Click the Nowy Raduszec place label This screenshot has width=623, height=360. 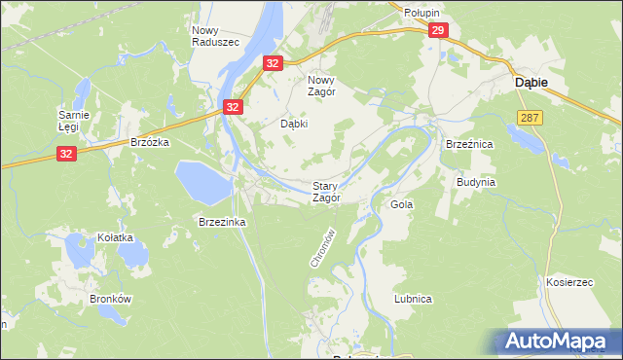click(x=209, y=36)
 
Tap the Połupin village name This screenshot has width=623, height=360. click(x=422, y=13)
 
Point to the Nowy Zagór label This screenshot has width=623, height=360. click(x=321, y=86)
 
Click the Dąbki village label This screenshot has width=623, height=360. click(x=294, y=125)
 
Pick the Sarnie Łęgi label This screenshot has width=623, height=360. click(x=74, y=121)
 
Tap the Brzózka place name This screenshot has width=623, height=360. click(x=150, y=142)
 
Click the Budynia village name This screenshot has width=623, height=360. click(x=477, y=182)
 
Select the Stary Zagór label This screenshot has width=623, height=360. click(x=326, y=192)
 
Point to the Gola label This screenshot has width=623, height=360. click(x=401, y=205)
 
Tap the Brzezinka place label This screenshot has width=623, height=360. click(x=222, y=222)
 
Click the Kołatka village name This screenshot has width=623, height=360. click(x=101, y=237)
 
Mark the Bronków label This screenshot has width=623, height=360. click(x=109, y=299)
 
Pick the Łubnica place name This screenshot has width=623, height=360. click(x=413, y=299)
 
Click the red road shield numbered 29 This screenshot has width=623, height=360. click(x=437, y=32)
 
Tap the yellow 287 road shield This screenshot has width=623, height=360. click(x=530, y=117)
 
